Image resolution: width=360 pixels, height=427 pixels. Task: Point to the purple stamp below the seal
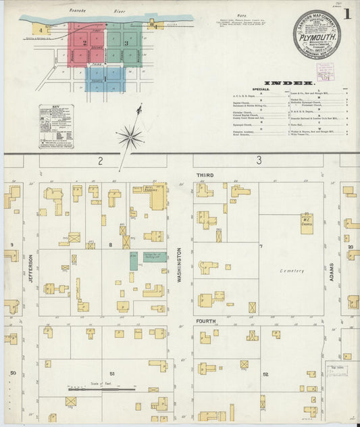(x=325, y=70)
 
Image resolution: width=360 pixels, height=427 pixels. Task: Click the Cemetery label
(x=292, y=271)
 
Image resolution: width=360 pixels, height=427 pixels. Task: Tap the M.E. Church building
(x=307, y=224)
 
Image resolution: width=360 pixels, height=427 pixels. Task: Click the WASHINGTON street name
(x=179, y=264)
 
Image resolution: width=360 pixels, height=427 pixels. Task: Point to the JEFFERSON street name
(x=31, y=268)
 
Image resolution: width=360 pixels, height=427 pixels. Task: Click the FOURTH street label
(x=203, y=321)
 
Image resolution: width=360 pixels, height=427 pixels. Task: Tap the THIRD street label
(x=205, y=175)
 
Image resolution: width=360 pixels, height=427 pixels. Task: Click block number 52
(x=265, y=374)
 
